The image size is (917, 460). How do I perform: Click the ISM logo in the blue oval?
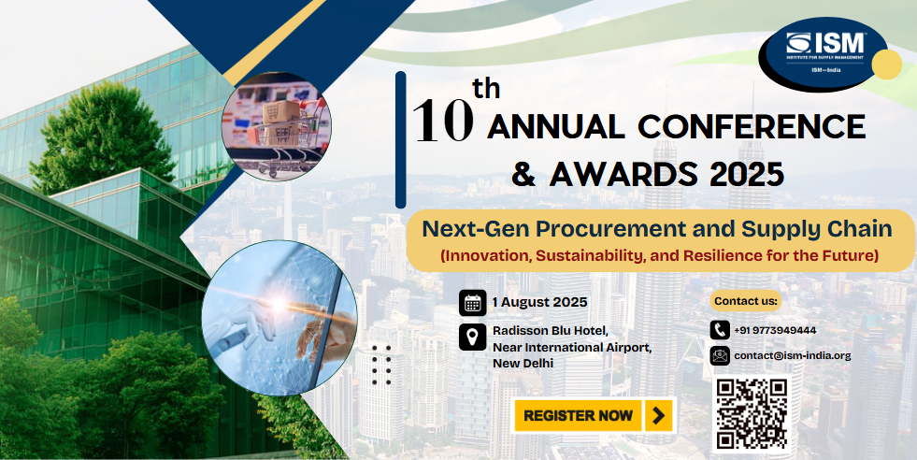click(x=823, y=54)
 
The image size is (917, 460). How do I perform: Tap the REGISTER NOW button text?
click(x=578, y=415)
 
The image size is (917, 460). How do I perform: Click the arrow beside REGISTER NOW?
click(x=659, y=415)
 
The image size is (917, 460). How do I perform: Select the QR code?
click(x=752, y=414)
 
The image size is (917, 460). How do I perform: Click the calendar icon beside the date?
click(x=472, y=303)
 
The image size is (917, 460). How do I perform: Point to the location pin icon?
click(x=472, y=338)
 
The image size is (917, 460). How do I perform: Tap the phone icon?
click(x=720, y=330)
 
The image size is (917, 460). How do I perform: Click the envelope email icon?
click(x=720, y=356)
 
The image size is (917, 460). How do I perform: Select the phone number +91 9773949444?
click(x=775, y=331)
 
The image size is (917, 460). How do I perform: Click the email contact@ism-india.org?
click(x=793, y=356)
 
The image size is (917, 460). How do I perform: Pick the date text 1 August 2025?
click(x=539, y=303)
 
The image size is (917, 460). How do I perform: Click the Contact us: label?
click(x=746, y=301)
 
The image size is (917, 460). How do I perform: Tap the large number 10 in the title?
click(x=443, y=121)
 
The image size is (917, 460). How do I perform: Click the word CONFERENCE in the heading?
click(x=751, y=126)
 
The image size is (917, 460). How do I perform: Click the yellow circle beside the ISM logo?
click(x=886, y=65)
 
